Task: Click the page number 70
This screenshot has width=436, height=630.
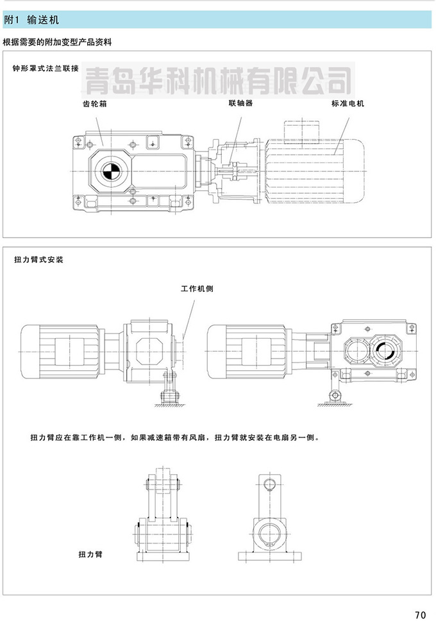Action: click(421, 615)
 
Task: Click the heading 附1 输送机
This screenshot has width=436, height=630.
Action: click(31, 20)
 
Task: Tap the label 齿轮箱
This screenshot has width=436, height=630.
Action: click(95, 104)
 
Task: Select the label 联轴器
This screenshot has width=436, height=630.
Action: click(241, 103)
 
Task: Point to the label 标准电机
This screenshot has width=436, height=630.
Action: click(348, 103)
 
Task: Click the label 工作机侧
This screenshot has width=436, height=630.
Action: click(197, 289)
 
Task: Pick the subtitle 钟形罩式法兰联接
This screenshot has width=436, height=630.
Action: click(46, 68)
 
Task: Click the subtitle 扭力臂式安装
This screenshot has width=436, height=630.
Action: click(38, 260)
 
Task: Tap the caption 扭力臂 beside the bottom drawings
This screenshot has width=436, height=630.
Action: click(90, 554)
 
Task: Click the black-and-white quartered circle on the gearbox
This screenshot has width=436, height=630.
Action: click(109, 171)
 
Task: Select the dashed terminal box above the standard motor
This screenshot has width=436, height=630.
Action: click(301, 132)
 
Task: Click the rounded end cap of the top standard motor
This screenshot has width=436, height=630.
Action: click(353, 171)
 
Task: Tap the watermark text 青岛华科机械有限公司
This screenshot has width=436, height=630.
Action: click(219, 80)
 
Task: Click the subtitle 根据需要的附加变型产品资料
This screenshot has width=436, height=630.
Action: click(58, 42)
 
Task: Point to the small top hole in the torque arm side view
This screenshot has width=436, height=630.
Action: click(269, 484)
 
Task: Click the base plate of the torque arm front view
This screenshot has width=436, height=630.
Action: click(163, 557)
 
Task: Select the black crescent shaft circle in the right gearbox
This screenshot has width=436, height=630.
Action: click(384, 351)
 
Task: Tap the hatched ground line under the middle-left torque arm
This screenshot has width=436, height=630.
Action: click(170, 405)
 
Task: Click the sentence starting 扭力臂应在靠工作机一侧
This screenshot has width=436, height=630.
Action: click(175, 437)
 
